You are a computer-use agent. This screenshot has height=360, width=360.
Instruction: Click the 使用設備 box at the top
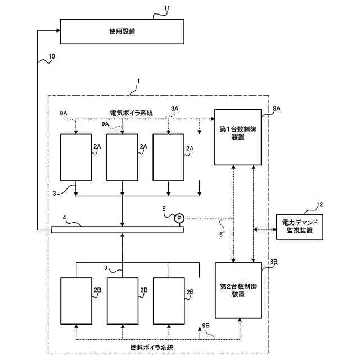tap(123, 31)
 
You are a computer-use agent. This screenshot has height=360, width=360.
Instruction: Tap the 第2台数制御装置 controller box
tap(238, 290)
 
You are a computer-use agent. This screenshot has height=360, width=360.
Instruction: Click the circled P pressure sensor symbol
tap(179, 218)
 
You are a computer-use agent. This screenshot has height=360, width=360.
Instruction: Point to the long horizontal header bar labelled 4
tap(117, 229)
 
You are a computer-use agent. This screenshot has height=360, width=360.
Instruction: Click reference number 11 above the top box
tap(166, 8)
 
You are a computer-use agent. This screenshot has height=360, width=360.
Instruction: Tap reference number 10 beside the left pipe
tap(52, 56)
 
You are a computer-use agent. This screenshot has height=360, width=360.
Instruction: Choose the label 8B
tap(274, 262)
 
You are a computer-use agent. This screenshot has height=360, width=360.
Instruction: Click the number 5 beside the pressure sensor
tap(164, 209)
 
